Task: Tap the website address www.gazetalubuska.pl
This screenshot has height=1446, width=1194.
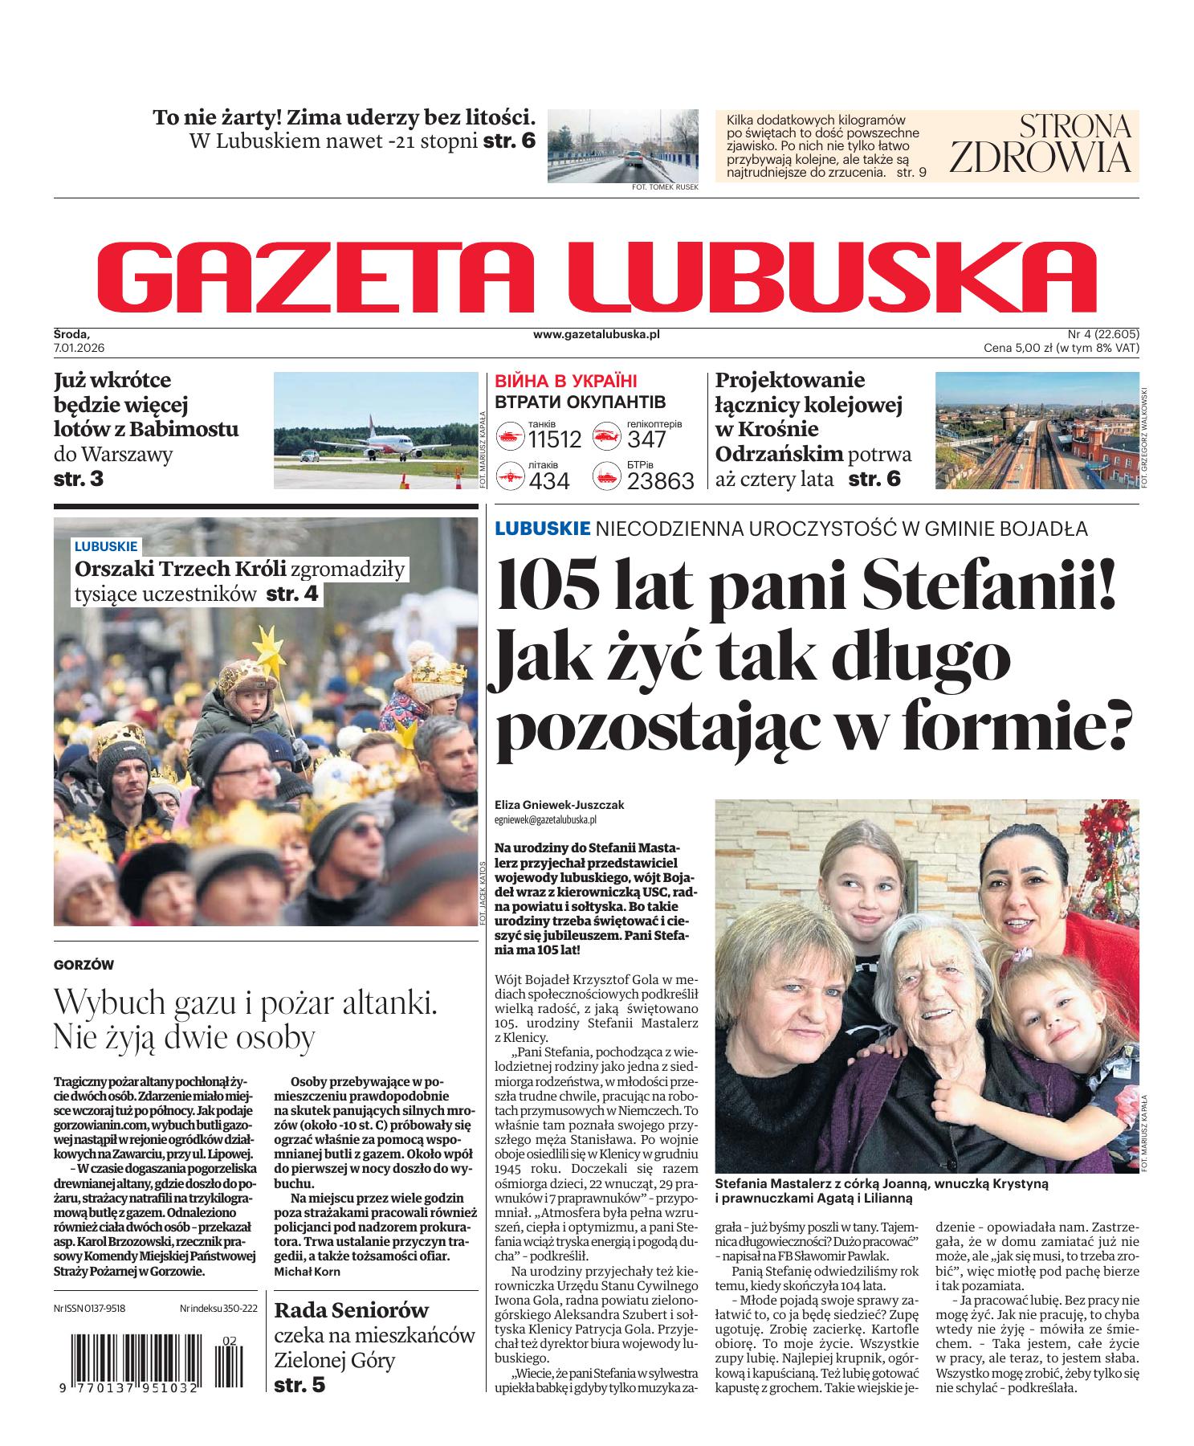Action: pyautogui.click(x=596, y=333)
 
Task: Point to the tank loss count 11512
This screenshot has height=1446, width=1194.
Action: pyautogui.click(x=554, y=439)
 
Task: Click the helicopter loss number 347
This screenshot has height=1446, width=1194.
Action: pyautogui.click(x=647, y=439)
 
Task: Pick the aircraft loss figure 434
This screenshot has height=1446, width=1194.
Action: pyautogui.click(x=549, y=480)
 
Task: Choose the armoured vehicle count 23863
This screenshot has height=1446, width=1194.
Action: pyautogui.click(x=660, y=480)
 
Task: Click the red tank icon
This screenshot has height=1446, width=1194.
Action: pyautogui.click(x=511, y=438)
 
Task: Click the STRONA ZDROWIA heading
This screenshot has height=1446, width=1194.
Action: pyautogui.click(x=1041, y=144)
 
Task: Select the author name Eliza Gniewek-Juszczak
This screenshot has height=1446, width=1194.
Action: pyautogui.click(x=560, y=805)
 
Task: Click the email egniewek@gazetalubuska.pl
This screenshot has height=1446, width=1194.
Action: pyautogui.click(x=545, y=820)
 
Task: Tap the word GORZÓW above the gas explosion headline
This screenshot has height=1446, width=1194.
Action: pyautogui.click(x=84, y=965)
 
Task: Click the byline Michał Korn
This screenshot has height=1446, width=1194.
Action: pyautogui.click(x=307, y=1272)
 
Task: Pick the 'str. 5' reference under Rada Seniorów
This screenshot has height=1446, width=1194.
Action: pyautogui.click(x=300, y=1385)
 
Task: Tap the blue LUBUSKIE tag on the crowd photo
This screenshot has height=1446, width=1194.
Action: pyautogui.click(x=106, y=546)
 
